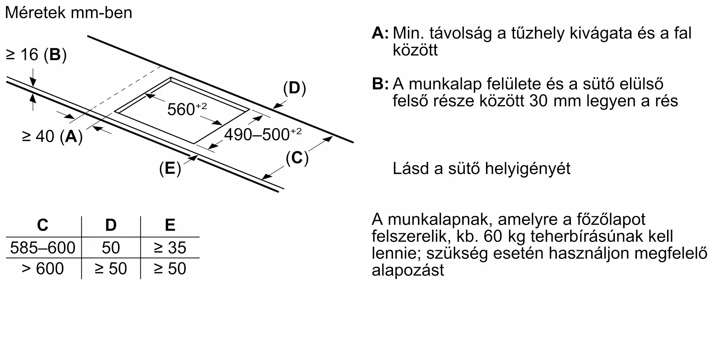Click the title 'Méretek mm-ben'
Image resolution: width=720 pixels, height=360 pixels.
[x=68, y=13]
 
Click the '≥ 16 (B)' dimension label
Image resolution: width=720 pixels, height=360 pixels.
[x=36, y=55]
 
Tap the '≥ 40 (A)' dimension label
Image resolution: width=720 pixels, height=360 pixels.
[x=52, y=136]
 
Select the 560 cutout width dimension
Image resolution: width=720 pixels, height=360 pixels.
[x=186, y=109]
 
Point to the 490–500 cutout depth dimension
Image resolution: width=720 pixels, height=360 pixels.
[x=262, y=135]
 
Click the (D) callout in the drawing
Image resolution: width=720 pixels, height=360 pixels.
[x=294, y=88]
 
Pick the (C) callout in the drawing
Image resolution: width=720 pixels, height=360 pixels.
[x=297, y=158]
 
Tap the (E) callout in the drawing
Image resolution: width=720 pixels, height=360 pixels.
[x=170, y=168]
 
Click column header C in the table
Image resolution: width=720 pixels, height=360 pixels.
[x=42, y=225]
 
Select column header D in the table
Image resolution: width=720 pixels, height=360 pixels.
[x=111, y=225]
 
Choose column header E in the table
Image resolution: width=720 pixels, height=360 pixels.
[x=170, y=225]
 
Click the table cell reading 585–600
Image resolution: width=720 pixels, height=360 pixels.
[x=42, y=248]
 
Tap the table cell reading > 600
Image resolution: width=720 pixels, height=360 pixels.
[x=42, y=269]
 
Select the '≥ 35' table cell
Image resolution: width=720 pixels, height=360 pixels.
[x=170, y=248]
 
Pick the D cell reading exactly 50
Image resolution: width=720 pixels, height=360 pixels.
[x=111, y=248]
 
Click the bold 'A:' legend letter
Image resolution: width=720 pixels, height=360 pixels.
[x=380, y=33]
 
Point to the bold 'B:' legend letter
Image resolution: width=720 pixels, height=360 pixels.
[x=380, y=84]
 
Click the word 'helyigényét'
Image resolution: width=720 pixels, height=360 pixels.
[x=527, y=168]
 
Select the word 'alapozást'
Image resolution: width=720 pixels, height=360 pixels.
[x=408, y=270]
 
